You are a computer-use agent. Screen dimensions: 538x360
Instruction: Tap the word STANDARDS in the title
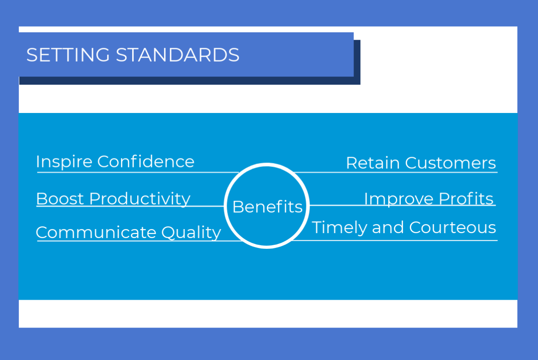pyautogui.click(x=177, y=55)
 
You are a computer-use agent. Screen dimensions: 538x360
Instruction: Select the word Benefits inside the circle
pyautogui.click(x=267, y=207)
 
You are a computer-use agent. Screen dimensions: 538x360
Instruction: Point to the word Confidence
pyautogui.click(x=146, y=161)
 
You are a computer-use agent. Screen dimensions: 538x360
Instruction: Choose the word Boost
pyautogui.click(x=60, y=198)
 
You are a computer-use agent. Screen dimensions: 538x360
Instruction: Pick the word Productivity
pyautogui.click(x=139, y=199)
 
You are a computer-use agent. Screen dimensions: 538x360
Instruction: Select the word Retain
pyautogui.click(x=373, y=162)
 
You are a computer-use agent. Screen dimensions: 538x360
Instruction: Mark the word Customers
pyautogui.click(x=450, y=162)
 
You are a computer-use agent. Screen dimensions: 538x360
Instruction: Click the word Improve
pyautogui.click(x=399, y=199)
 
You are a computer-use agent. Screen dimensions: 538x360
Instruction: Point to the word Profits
pyautogui.click(x=466, y=198)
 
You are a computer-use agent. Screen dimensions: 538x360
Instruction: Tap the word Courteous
pyautogui.click(x=453, y=228)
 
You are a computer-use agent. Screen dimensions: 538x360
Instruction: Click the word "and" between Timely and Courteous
pyautogui.click(x=388, y=228)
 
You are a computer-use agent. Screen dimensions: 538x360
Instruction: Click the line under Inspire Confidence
pyautogui.click(x=138, y=172)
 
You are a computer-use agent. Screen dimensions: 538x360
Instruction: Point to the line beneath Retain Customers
pyautogui.click(x=396, y=172)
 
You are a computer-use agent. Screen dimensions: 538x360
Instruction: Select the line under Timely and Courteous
pyautogui.click(x=394, y=241)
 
